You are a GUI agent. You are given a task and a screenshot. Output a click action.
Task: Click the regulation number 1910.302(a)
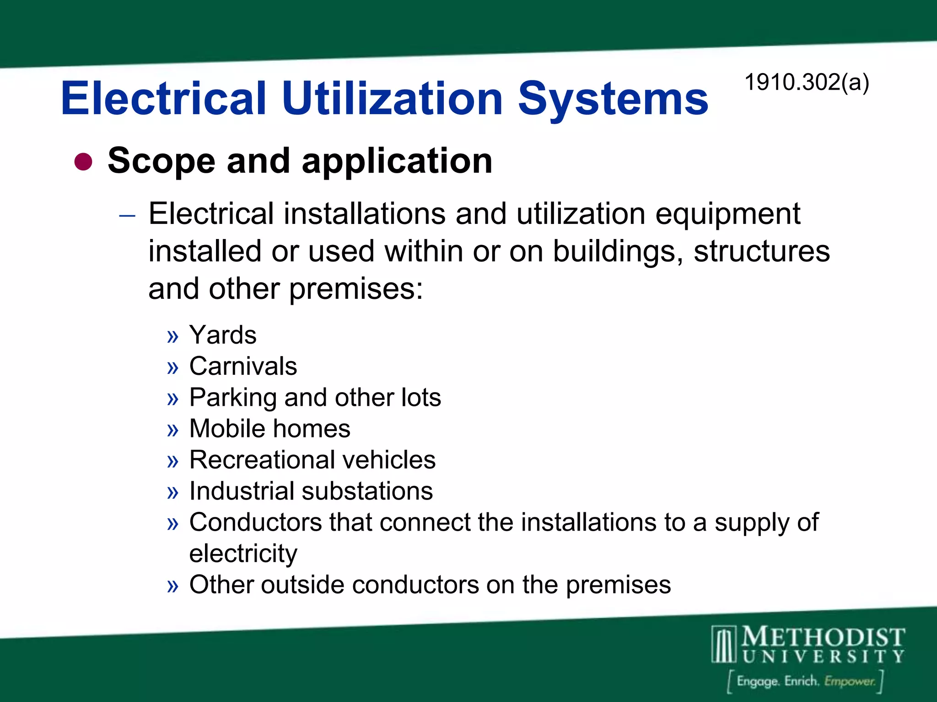[807, 83]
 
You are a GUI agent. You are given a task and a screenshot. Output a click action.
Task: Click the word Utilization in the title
[393, 99]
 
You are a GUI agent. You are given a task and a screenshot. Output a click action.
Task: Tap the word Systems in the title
[613, 99]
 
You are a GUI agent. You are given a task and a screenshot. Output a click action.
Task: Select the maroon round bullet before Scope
[83, 161]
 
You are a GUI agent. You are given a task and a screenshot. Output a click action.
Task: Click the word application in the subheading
[397, 161]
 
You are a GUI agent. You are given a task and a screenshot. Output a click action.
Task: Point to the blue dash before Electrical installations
[127, 215]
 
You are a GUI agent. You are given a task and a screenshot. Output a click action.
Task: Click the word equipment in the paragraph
[727, 214]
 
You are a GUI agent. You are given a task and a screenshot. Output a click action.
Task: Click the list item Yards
[223, 335]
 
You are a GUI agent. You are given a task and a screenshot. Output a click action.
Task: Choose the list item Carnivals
[243, 366]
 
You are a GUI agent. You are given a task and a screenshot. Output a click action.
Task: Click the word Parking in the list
[233, 398]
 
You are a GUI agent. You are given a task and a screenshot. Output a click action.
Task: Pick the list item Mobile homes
[269, 429]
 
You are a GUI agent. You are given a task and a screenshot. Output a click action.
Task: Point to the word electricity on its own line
[243, 554]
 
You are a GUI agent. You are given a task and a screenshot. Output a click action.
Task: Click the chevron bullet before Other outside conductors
[172, 586]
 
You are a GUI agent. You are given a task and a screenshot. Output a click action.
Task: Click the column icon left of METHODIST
[724, 644]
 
